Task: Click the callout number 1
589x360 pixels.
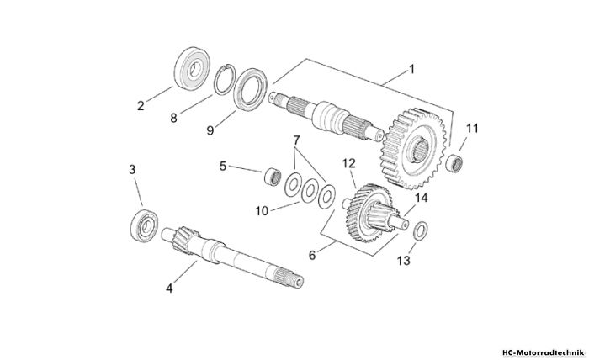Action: [x=411, y=70]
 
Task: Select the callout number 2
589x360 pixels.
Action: [x=141, y=106]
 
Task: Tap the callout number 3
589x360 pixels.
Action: [x=132, y=170]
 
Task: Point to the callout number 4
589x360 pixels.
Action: [x=169, y=289]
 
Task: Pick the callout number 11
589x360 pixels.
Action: [x=472, y=129]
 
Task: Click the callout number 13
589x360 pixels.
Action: [x=404, y=261]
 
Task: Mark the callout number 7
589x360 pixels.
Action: [x=296, y=140]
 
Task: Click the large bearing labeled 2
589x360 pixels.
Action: [x=193, y=68]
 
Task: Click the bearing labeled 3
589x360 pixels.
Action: [x=144, y=225]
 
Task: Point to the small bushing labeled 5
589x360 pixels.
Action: [x=273, y=177]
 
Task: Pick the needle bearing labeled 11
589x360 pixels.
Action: [x=454, y=163]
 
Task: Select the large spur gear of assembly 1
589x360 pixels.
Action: [x=416, y=149]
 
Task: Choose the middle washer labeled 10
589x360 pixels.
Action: [x=310, y=190]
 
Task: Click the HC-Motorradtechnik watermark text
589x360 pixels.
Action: [x=544, y=353]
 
